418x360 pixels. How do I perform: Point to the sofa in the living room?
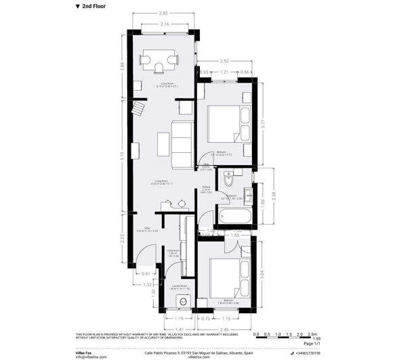pyautogui.click(x=182, y=144)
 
